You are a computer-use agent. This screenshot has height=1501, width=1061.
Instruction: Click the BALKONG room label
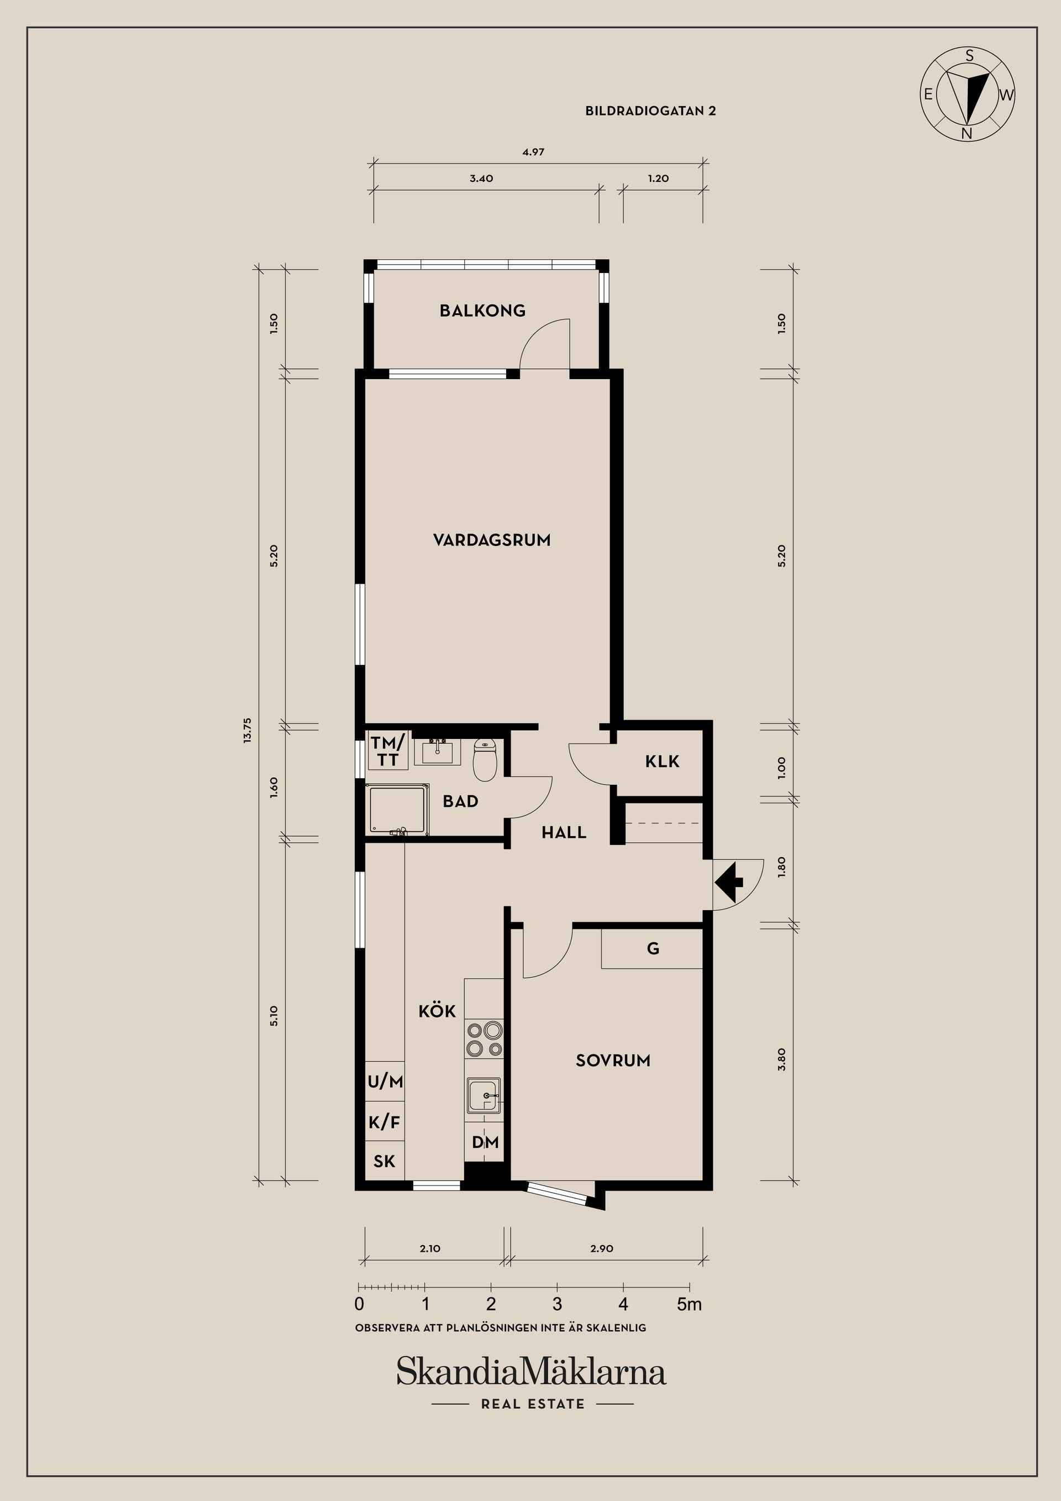[482, 311]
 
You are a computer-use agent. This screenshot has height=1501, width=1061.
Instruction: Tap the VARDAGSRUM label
[492, 540]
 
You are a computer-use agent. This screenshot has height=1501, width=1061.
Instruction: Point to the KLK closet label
[662, 761]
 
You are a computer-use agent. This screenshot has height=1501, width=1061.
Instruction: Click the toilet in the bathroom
[485, 760]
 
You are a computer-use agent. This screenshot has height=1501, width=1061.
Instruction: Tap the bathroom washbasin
[437, 753]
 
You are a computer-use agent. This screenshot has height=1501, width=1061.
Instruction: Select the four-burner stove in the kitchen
[484, 1040]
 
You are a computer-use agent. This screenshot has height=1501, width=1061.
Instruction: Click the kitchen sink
[484, 1095]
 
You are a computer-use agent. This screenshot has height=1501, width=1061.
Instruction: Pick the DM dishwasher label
[486, 1142]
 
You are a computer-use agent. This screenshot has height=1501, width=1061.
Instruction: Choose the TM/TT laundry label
[388, 751]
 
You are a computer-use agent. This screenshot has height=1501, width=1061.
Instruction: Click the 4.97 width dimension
[533, 151]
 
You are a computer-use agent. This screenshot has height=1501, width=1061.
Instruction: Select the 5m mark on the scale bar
[689, 1304]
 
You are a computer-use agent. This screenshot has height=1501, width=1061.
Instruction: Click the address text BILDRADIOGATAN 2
[650, 111]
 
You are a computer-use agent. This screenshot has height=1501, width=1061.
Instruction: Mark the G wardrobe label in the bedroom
[653, 948]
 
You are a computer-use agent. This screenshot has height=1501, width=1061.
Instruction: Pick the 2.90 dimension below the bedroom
[601, 1248]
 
